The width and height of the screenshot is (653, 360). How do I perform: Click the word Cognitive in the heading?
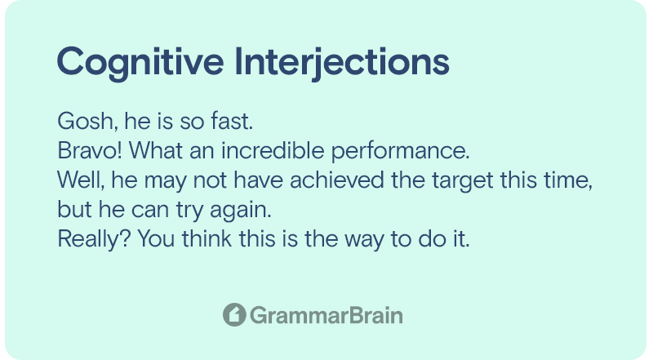140,62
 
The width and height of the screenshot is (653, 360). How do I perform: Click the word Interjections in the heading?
342,62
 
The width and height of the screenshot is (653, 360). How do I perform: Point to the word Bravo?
87,150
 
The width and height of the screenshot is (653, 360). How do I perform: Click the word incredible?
273,150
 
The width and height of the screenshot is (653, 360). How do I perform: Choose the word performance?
400,152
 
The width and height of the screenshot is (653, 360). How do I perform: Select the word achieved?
337,180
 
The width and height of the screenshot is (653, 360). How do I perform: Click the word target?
462,181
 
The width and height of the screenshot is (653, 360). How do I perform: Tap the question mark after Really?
126,238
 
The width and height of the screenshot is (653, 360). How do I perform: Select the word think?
207,238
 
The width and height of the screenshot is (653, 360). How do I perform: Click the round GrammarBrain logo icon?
234,314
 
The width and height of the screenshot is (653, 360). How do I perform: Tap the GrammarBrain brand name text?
326,315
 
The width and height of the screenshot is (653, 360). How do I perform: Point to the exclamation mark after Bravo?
120,150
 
